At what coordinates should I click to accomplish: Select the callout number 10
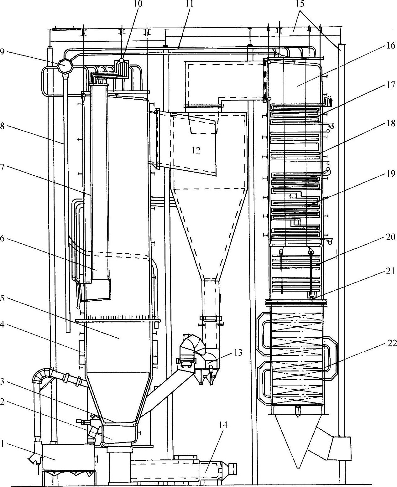pyautogui.click(x=138, y=4)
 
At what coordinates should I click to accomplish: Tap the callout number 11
pyautogui.click(x=190, y=4)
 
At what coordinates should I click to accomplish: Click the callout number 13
pyautogui.click(x=238, y=353)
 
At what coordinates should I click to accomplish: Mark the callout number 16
pyautogui.click(x=390, y=46)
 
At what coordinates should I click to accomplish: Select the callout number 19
pyautogui.click(x=390, y=173)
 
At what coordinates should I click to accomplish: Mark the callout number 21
pyautogui.click(x=390, y=270)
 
